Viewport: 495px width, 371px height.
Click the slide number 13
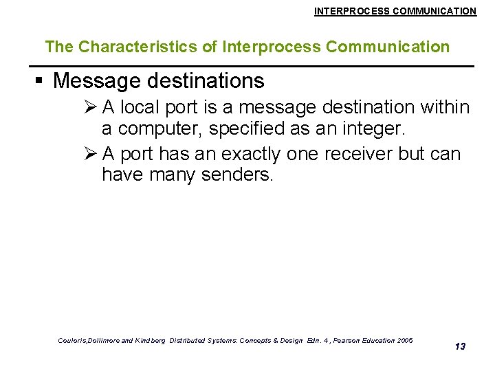pos(460,346)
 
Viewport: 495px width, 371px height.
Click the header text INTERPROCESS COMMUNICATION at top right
pos(395,11)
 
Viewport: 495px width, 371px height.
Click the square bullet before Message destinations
pos(39,81)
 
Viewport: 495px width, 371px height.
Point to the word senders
pos(237,176)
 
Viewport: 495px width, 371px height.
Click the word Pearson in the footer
pos(340,341)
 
